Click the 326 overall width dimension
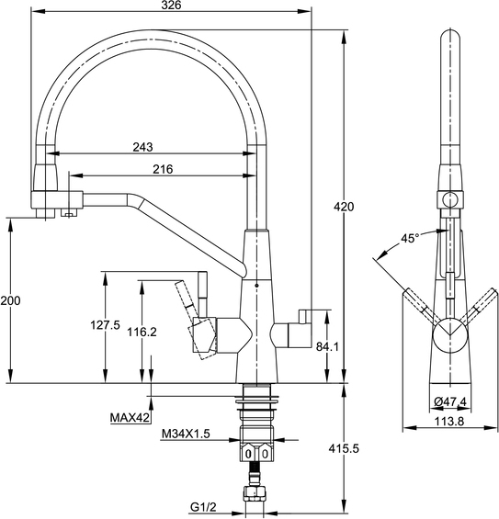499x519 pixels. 171,5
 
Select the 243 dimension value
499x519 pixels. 142,147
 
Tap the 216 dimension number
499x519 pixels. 163,169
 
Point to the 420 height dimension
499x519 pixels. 344,207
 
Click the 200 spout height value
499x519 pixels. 10,300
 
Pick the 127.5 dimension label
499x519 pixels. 106,325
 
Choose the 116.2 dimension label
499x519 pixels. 142,332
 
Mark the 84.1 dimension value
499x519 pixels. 327,346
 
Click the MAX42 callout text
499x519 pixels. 130,418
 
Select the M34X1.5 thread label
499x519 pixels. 186,434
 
